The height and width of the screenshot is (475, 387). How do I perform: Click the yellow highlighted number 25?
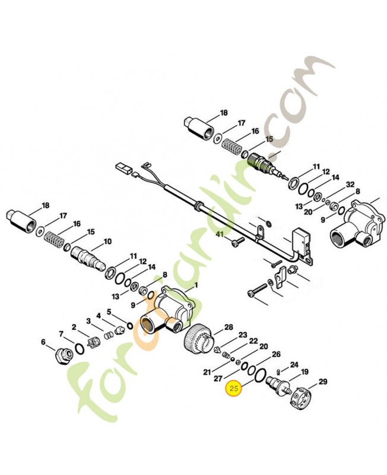coord(233,389)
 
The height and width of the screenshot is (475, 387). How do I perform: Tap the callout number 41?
coord(219,236)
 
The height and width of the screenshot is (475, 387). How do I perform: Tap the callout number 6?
coord(43,341)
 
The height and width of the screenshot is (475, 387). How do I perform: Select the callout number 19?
coord(304,372)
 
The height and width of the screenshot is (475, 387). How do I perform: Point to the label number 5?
coord(109,311)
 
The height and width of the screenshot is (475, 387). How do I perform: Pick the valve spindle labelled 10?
coord(87,256)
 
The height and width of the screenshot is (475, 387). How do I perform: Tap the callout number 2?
coord(74,327)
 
